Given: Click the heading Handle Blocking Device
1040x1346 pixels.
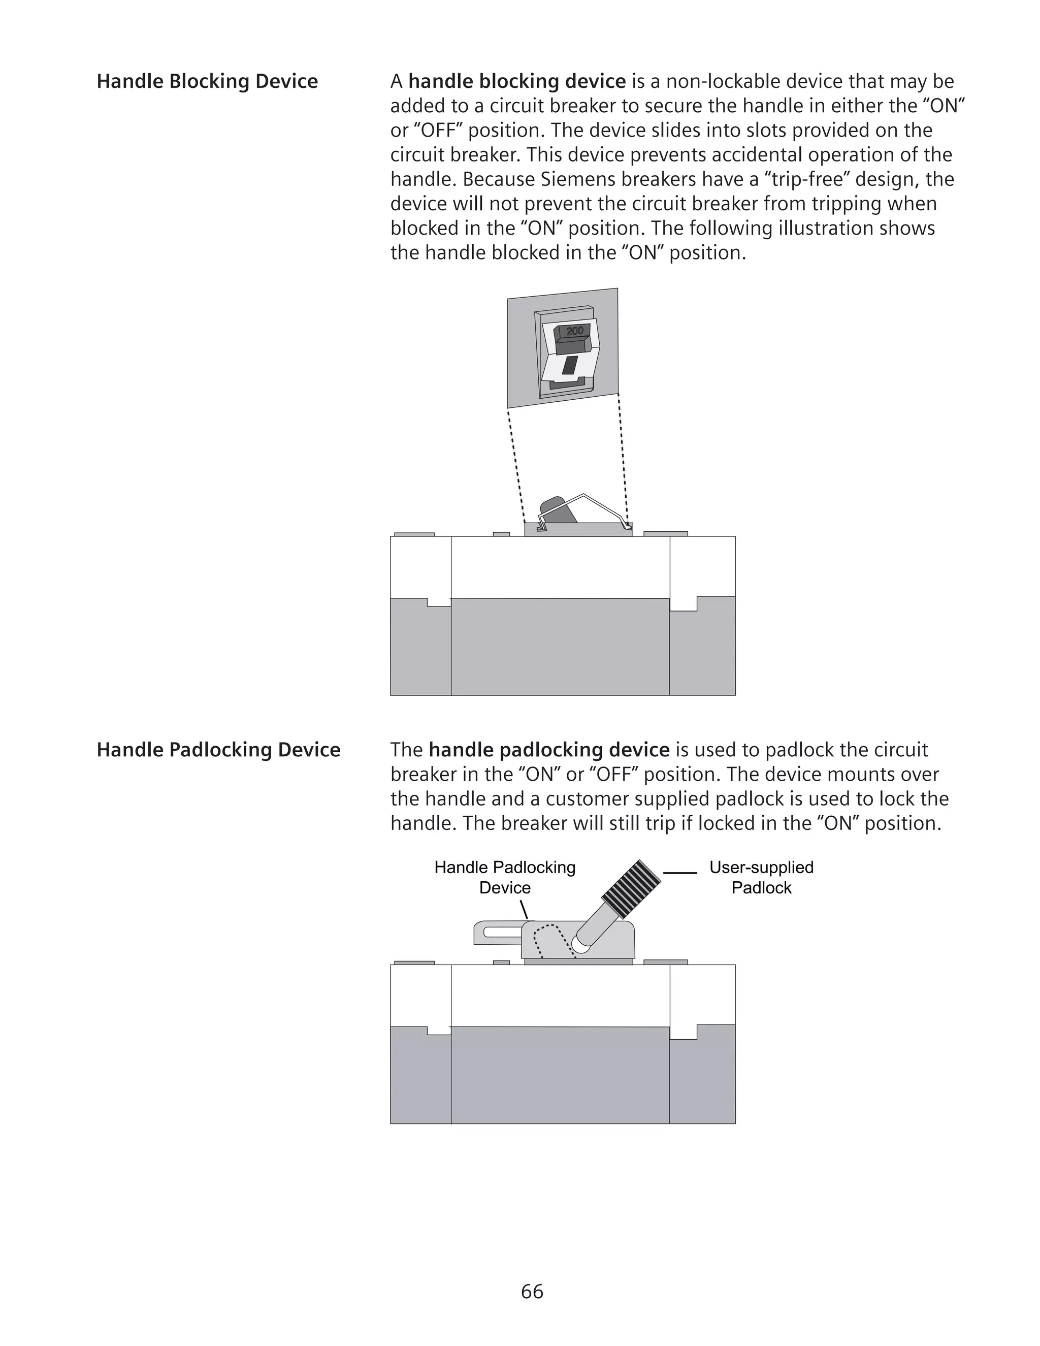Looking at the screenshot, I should tap(207, 81).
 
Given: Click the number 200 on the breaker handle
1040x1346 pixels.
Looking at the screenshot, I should tap(574, 332).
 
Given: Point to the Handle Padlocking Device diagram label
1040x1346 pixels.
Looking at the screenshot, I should tap(505, 877).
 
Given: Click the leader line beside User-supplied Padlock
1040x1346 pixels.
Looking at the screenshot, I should tap(679, 873).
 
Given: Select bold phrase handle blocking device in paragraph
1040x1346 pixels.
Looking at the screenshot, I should tap(516, 81).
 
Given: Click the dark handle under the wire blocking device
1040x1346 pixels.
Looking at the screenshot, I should tap(558, 510).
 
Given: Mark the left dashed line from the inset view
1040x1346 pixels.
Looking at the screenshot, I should tap(516, 468).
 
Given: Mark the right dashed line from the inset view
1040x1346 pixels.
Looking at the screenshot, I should tap(623, 462).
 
